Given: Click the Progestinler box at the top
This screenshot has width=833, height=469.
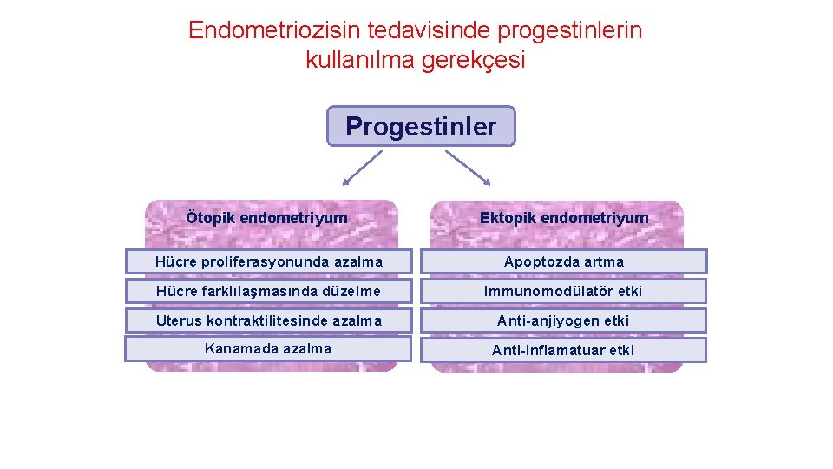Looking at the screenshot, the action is [421, 127].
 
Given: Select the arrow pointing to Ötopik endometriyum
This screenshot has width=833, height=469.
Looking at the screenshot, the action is [363, 168].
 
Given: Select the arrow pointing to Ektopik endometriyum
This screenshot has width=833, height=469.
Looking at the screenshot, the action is [468, 168].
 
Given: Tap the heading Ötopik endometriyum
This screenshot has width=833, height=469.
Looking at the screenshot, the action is [266, 218].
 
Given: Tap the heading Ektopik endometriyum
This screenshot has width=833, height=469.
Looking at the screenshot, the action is [564, 218].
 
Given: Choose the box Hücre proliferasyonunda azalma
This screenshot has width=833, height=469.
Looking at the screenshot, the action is [268, 261].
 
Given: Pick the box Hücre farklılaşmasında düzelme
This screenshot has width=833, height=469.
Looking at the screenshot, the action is [268, 291].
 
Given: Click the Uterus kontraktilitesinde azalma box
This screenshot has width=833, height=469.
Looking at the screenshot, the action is [268, 320].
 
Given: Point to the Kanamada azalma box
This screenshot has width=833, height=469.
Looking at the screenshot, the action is [268, 349].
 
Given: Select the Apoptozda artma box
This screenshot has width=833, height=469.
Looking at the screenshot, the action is [564, 261].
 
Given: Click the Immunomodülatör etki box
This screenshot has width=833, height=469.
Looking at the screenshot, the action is [564, 291].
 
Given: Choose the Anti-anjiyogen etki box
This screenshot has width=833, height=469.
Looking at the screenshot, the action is [564, 320].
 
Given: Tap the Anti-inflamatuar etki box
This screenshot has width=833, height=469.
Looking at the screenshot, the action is [564, 350].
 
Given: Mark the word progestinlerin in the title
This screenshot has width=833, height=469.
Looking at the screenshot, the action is [570, 31].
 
